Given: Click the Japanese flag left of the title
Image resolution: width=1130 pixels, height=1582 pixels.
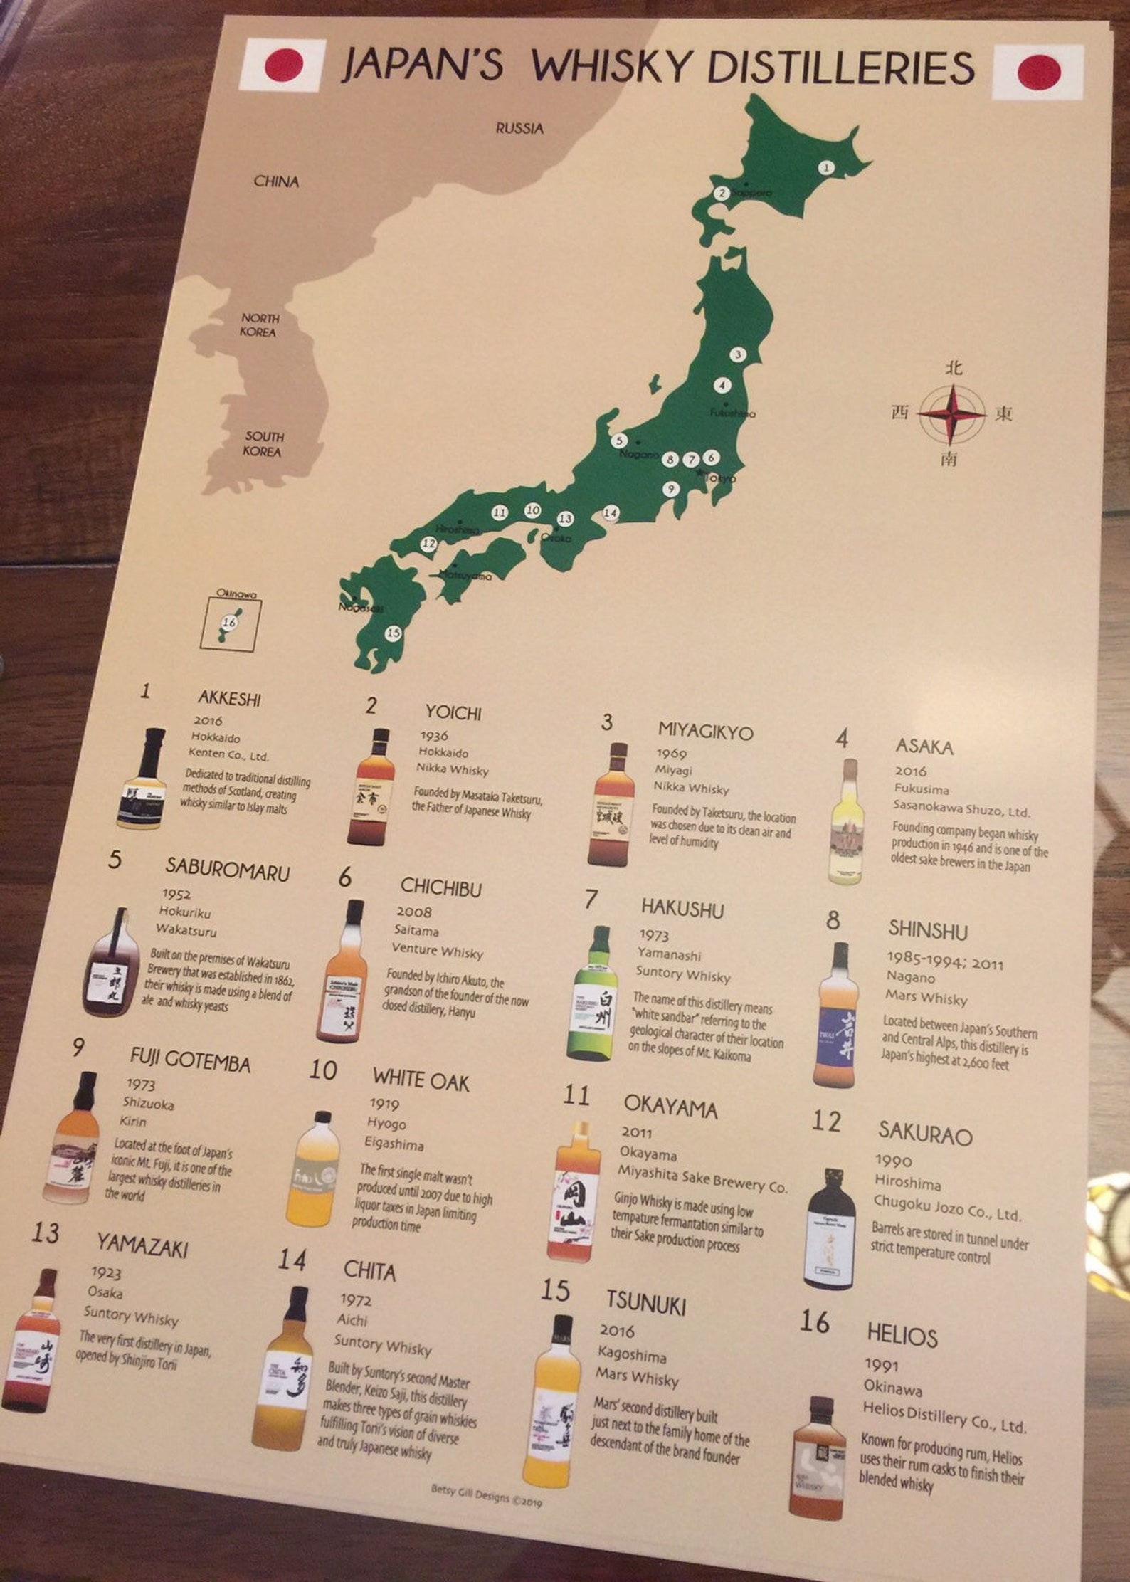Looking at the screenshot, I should click(x=283, y=65).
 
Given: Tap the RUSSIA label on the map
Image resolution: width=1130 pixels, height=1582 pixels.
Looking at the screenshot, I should click(x=519, y=129).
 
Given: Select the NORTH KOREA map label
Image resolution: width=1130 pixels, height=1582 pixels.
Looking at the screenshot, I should click(x=259, y=325).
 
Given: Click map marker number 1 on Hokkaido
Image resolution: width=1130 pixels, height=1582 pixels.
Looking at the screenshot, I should click(x=825, y=168).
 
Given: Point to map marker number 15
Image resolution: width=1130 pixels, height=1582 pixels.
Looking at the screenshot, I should click(x=393, y=633).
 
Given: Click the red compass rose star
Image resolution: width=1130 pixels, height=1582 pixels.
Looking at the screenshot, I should click(x=952, y=413).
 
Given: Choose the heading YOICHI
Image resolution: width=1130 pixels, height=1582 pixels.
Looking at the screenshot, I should click(x=453, y=712).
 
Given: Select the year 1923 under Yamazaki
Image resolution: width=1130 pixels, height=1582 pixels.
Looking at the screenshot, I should click(x=106, y=1272).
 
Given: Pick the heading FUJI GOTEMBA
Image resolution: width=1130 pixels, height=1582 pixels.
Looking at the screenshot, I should click(x=190, y=1060).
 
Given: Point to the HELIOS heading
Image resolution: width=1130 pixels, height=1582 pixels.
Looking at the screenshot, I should click(x=902, y=1334).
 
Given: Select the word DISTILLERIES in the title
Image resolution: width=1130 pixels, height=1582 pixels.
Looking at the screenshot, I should click(x=840, y=67).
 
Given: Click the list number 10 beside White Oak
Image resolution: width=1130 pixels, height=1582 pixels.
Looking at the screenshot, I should click(x=323, y=1070).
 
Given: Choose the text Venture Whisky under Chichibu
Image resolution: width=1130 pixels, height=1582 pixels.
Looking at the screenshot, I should click(x=437, y=951).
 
